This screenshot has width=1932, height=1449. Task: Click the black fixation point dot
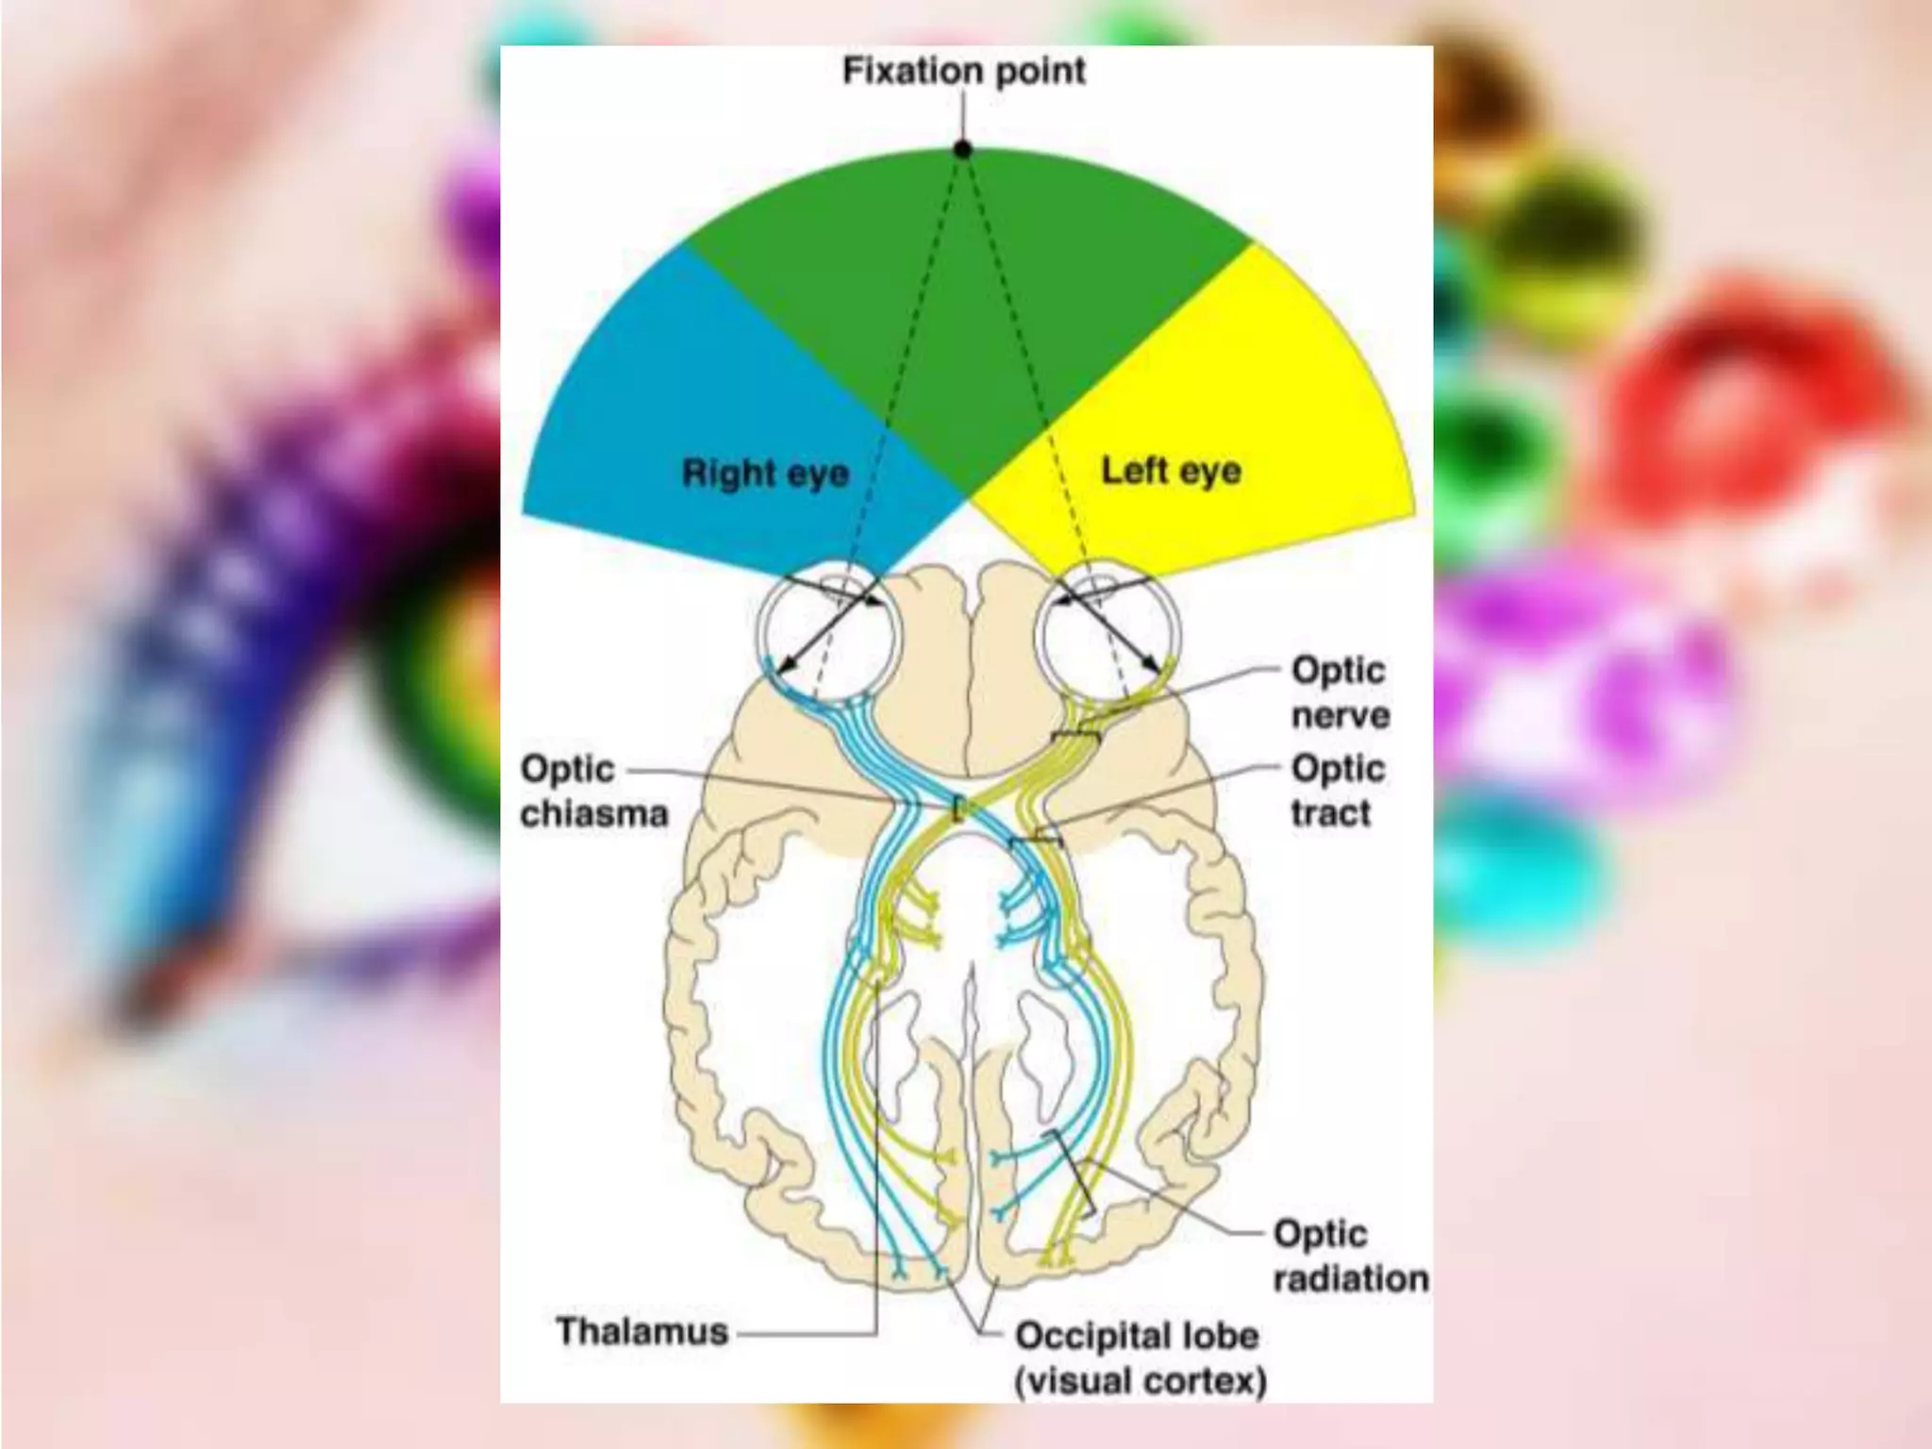pos(962,149)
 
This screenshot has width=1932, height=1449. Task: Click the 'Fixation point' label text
pos(963,71)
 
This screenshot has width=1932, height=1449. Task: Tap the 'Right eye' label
pos(765,473)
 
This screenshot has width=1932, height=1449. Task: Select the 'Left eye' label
pos(1171,470)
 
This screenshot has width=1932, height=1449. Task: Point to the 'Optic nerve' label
pos(1340,692)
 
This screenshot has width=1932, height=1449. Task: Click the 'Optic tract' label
pos(1338,791)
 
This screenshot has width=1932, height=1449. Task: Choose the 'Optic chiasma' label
pos(593,791)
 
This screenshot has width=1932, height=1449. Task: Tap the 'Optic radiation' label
pos(1350,1256)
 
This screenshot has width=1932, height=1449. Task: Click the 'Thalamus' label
pos(642,1331)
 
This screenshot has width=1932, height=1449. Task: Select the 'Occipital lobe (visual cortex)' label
pos(1140,1357)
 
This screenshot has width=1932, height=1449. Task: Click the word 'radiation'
pos(1351,1279)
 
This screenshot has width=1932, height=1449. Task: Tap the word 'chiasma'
pos(593,813)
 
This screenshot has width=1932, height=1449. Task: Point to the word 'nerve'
pos(1341,715)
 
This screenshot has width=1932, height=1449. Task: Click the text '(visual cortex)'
pos(1141,1381)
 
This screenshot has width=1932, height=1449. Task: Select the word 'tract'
pos(1330,813)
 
